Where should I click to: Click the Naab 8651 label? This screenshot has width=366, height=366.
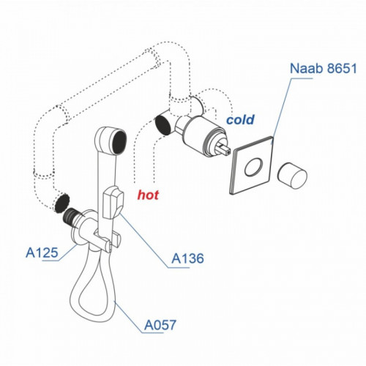324,68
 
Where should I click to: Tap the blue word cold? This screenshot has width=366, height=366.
240,119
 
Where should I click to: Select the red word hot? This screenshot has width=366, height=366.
148,195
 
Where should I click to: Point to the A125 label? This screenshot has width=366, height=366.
42,253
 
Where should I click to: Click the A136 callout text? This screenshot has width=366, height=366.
187,258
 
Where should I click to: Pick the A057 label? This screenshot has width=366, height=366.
160,325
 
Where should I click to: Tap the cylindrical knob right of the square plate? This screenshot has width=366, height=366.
292,176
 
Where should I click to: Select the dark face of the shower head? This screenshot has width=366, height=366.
120,142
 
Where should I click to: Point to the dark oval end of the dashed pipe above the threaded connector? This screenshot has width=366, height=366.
61,203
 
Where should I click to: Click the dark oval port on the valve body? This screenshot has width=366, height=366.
163,124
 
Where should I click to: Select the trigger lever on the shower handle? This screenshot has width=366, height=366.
113,201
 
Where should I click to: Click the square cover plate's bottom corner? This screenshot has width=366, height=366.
231,194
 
